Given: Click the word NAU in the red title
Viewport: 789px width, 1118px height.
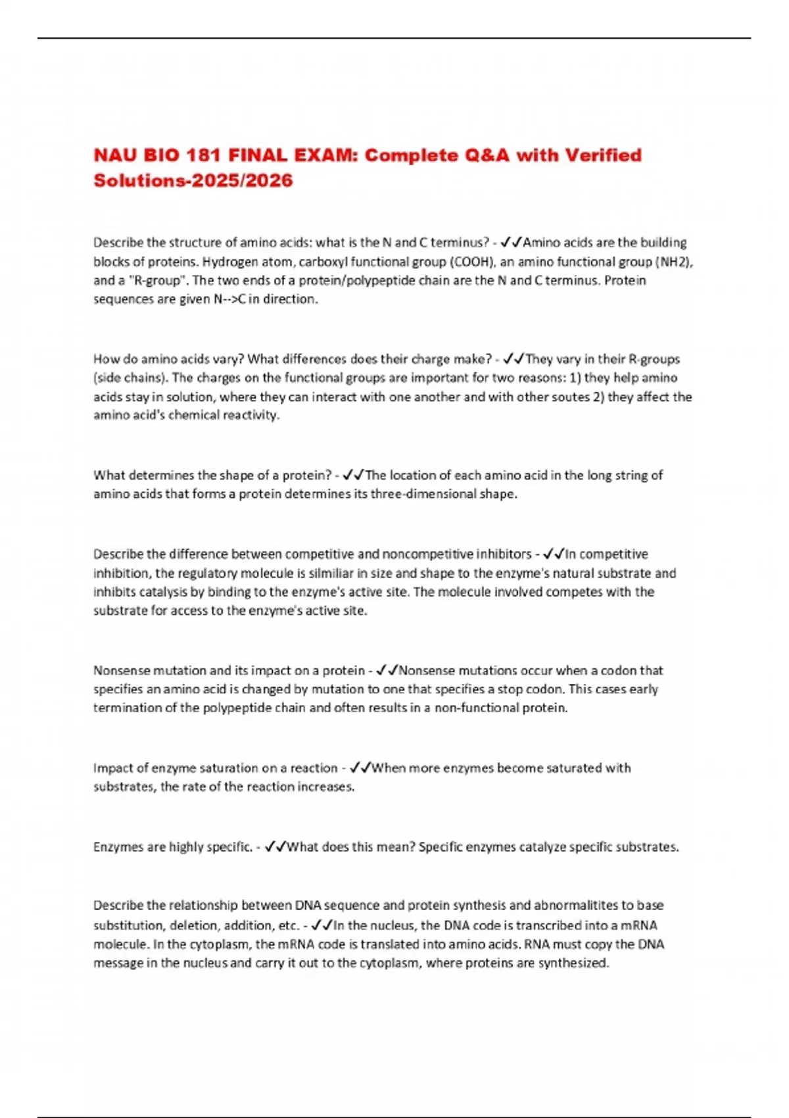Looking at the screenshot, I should coord(115,156).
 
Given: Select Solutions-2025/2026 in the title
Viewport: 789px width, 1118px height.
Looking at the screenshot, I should coord(193,181).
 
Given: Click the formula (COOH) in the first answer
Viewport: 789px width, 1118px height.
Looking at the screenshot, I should coord(473,262).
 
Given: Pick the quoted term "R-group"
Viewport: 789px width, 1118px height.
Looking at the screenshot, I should coord(153,281).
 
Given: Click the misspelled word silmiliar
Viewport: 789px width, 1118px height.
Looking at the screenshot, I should coord(331,573).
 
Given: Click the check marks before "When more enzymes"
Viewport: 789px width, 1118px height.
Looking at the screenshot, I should coord(360,768).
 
